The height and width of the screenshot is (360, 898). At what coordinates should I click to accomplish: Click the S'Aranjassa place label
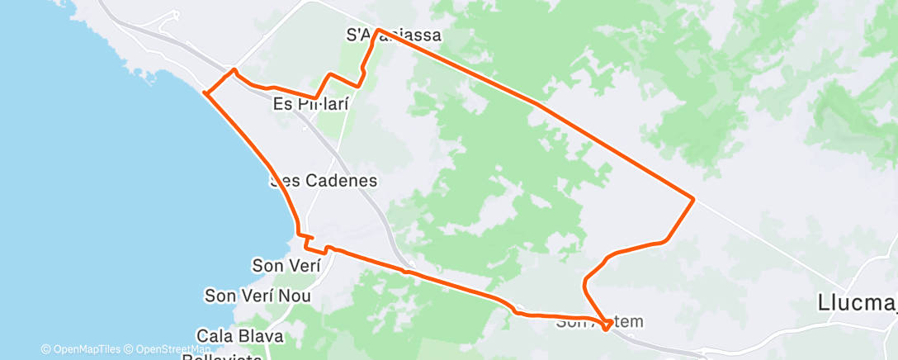click(x=393, y=36)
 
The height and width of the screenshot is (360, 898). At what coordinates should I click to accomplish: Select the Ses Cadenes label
click(x=324, y=180)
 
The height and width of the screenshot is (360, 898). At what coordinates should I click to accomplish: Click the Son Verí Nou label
click(x=258, y=295)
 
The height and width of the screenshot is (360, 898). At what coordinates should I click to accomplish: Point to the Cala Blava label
click(x=239, y=336)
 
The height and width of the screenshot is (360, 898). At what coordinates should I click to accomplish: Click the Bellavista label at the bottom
click(x=223, y=356)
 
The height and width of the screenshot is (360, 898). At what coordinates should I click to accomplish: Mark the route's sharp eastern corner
click(x=693, y=199)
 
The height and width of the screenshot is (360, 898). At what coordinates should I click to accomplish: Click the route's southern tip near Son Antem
click(x=607, y=330)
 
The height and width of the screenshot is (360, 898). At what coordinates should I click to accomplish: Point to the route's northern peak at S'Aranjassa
click(x=377, y=30)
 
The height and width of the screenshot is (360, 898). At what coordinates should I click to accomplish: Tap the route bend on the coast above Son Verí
click(x=298, y=233)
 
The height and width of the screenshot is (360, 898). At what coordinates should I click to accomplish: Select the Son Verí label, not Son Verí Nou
click(x=286, y=265)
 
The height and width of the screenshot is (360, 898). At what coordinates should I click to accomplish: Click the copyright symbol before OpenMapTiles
click(x=46, y=349)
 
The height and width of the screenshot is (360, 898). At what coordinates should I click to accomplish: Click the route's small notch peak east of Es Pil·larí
click(x=330, y=74)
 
